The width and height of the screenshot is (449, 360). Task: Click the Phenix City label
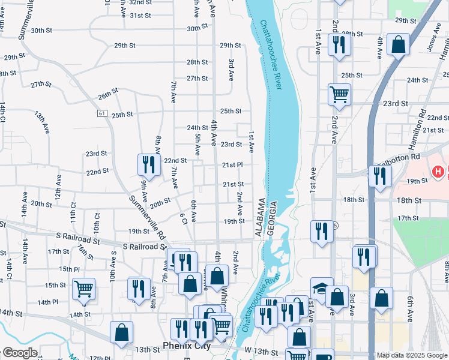pyautogui.click(x=187, y=346)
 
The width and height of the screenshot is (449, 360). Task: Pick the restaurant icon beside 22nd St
pyautogui.click(x=148, y=164)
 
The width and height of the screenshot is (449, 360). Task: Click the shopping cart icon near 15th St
pyautogui.click(x=83, y=289)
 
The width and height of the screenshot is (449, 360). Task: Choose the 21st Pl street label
pyautogui.click(x=232, y=164)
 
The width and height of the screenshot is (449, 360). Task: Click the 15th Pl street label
pyautogui.click(x=70, y=269)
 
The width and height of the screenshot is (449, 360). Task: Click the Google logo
pyautogui.click(x=19, y=353)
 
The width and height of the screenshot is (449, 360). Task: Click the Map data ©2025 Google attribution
pyautogui.click(x=412, y=355)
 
